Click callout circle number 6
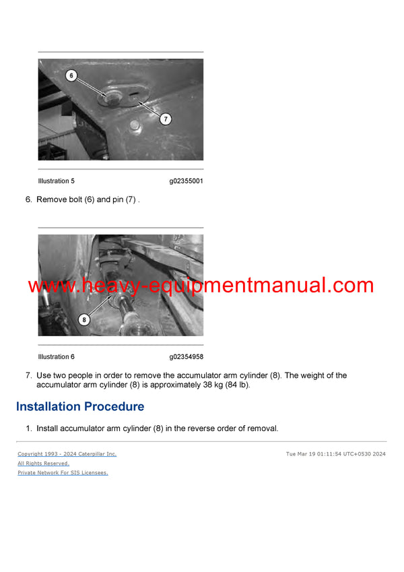(71, 75)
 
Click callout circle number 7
(166, 119)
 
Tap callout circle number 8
(83, 320)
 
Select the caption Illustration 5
(57, 181)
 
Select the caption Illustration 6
(57, 357)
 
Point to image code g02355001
(186, 181)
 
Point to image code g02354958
(186, 357)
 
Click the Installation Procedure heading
(79, 407)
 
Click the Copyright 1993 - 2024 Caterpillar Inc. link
(67, 454)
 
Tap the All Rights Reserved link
(43, 464)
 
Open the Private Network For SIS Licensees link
(63, 473)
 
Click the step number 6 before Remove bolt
(28, 200)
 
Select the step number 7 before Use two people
(28, 375)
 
